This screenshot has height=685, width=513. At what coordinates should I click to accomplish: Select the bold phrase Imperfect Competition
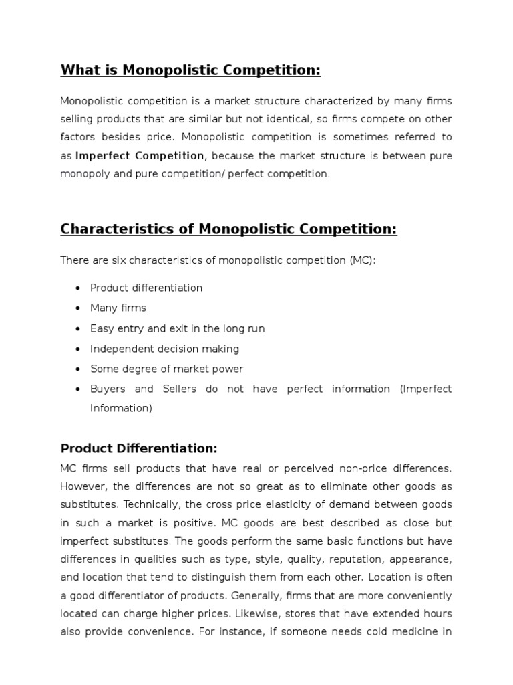140,155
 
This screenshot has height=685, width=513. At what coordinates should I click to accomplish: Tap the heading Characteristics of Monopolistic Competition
228,229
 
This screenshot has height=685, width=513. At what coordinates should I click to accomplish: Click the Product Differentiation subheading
139,448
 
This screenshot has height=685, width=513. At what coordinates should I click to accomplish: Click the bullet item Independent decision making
164,349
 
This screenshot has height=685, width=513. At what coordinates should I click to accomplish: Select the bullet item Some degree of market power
167,369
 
